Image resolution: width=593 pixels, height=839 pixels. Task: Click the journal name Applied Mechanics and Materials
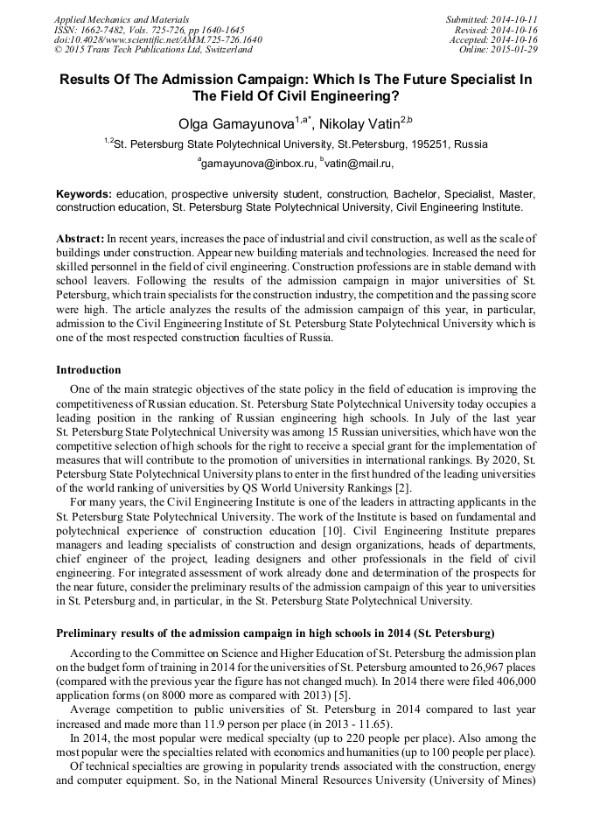pos(121,19)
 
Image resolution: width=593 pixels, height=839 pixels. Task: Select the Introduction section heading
pos(88,370)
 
